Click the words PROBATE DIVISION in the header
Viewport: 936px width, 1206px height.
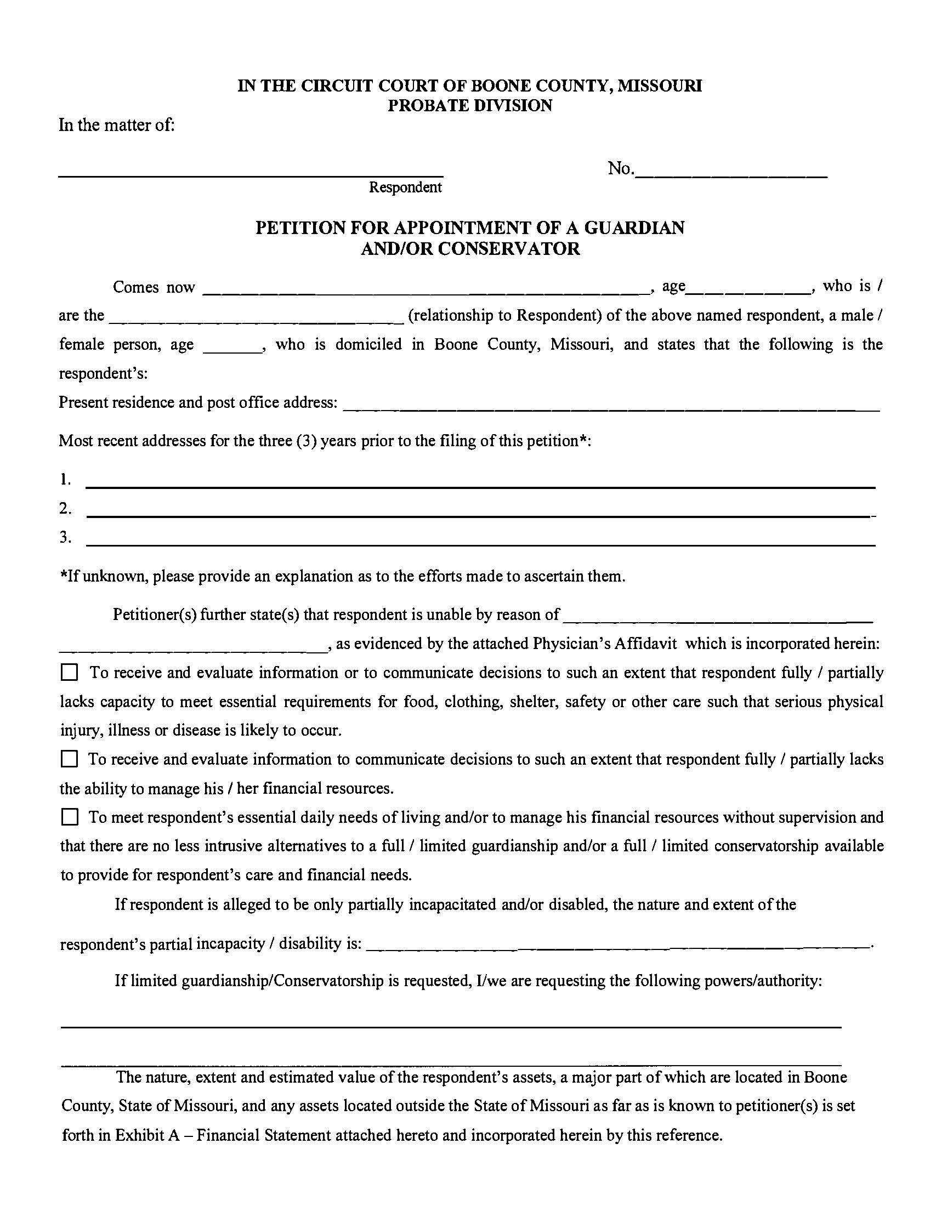point(469,105)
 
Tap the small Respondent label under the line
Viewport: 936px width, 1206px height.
point(405,187)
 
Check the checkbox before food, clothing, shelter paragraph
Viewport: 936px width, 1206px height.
point(69,673)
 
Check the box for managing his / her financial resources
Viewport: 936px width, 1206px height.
point(69,759)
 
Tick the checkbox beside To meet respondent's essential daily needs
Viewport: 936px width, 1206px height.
point(69,817)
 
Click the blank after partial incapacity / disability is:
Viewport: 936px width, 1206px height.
point(616,948)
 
